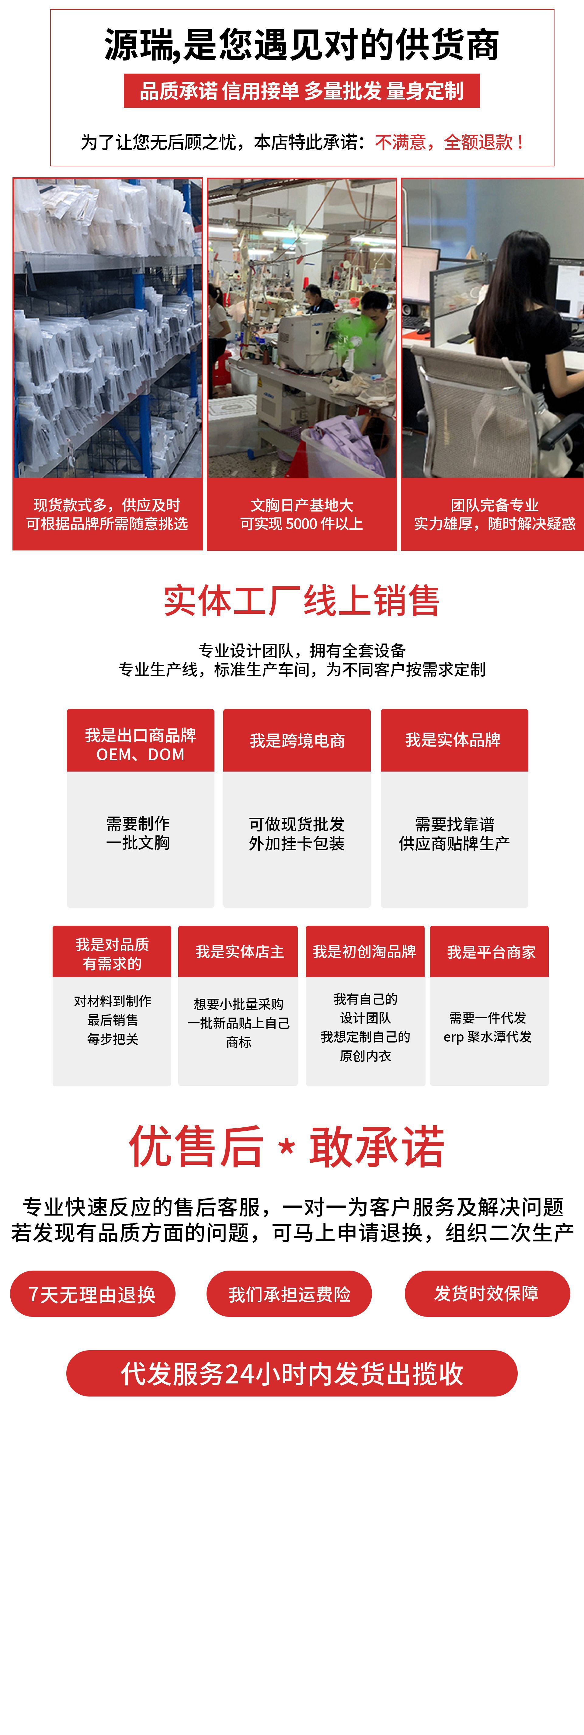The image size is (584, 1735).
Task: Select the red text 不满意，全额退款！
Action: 450,142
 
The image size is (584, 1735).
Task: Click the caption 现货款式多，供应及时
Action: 107,505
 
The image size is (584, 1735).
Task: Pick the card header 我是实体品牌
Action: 453,740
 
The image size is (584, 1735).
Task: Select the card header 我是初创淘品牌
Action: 364,952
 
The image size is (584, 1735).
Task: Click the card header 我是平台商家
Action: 491,952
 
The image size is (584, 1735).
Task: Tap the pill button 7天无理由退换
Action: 92,1294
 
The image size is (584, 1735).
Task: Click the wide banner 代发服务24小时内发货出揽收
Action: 292,1374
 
